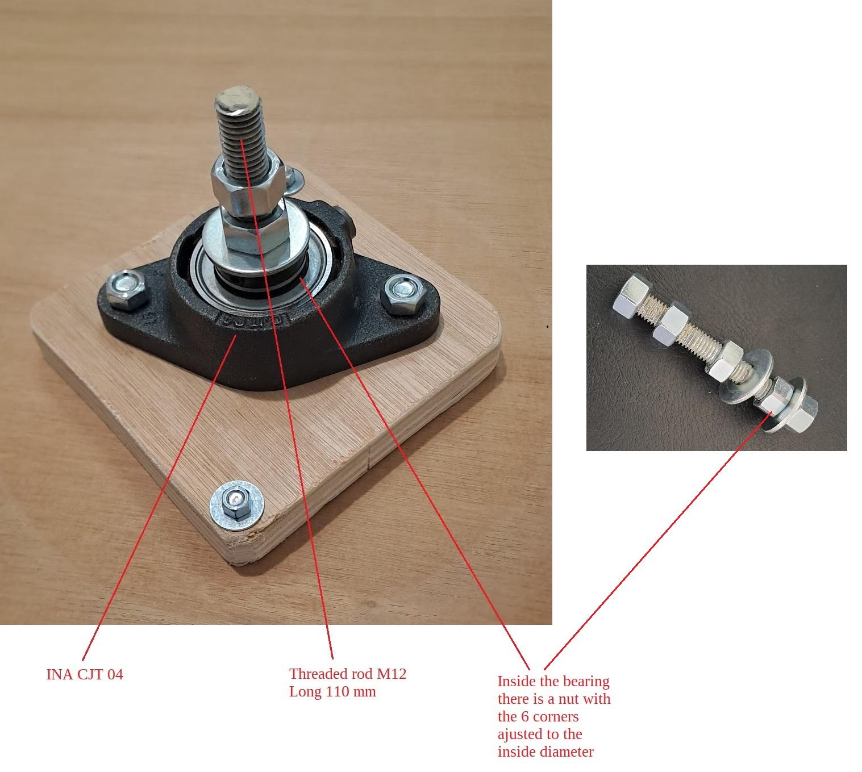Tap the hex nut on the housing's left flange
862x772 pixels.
click(x=126, y=289)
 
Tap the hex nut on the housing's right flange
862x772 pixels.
click(x=403, y=294)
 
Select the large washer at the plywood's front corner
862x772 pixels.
click(x=236, y=506)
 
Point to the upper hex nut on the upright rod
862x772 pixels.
click(x=248, y=185)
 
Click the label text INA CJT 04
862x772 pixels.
click(x=84, y=674)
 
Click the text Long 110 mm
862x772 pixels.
click(x=332, y=691)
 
